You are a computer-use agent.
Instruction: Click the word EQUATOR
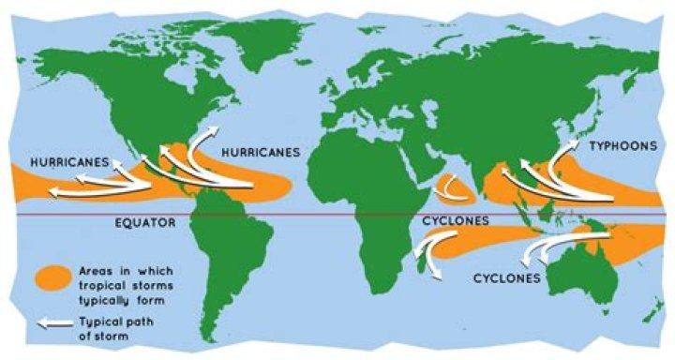(x=147, y=226)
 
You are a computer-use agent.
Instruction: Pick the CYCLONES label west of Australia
(x=506, y=278)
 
